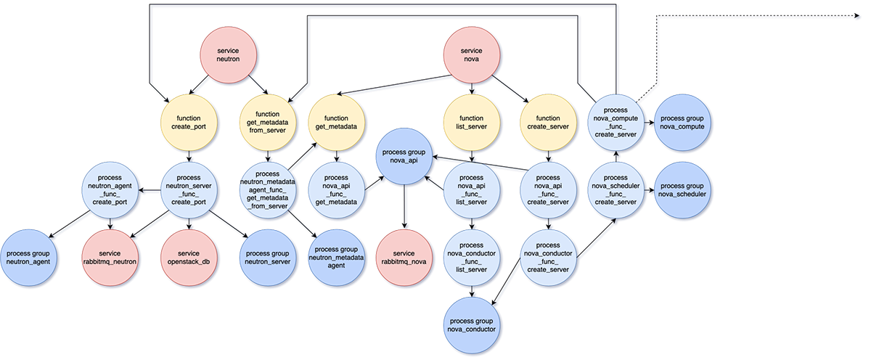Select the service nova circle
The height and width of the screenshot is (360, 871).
[x=472, y=54]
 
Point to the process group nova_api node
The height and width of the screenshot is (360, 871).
[x=407, y=155]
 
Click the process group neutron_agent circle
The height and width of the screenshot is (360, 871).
[x=28, y=257]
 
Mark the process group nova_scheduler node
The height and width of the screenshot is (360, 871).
[x=683, y=190]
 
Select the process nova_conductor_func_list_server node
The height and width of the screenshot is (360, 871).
[x=472, y=257]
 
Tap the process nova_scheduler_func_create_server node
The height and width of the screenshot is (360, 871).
[x=616, y=190]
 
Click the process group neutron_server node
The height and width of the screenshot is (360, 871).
[x=268, y=257]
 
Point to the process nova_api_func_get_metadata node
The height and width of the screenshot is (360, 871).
[x=336, y=190]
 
